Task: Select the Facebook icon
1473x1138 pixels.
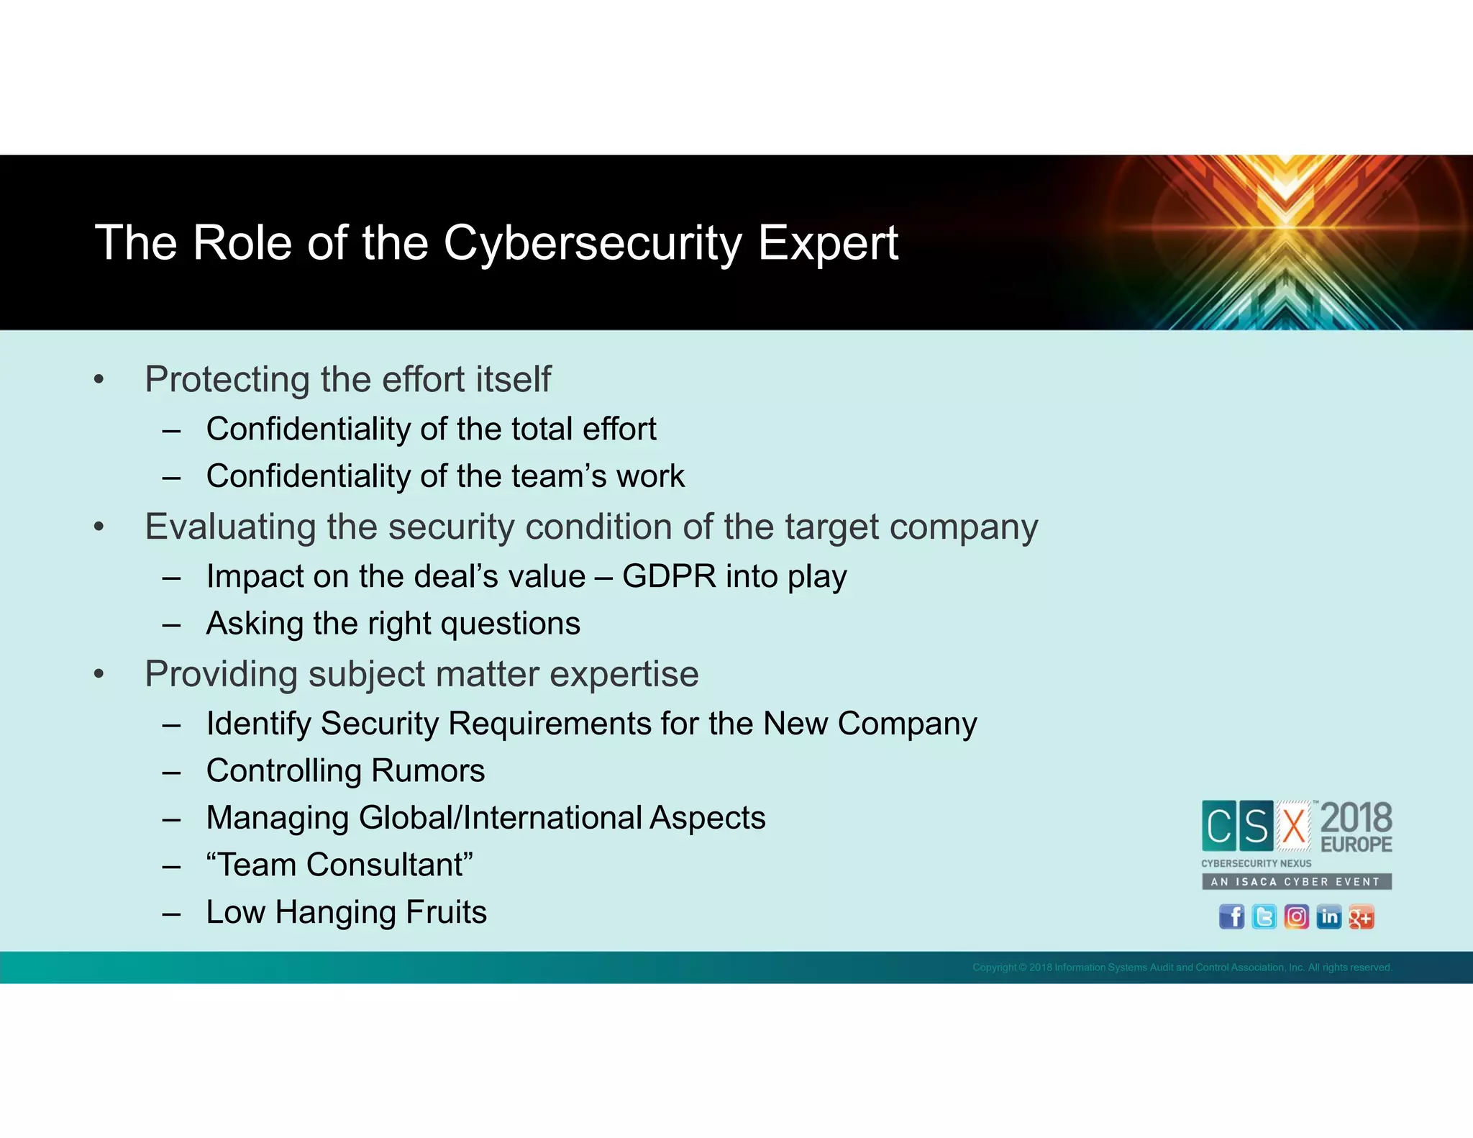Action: point(1231,917)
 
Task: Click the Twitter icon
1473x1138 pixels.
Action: point(1264,917)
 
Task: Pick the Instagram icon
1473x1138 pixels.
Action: point(1296,917)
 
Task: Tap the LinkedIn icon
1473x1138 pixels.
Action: point(1329,917)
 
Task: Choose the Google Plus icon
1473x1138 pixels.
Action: point(1362,917)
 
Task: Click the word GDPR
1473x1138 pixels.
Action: point(669,576)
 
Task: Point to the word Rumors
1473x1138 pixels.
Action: point(428,770)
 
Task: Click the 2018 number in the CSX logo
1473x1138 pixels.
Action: point(1356,819)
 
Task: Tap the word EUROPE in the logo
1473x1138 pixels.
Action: point(1356,845)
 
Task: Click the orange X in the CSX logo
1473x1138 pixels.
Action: point(1295,826)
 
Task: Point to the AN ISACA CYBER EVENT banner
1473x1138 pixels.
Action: point(1296,882)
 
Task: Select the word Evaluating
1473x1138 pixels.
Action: point(230,527)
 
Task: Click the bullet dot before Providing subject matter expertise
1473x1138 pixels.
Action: point(99,675)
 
